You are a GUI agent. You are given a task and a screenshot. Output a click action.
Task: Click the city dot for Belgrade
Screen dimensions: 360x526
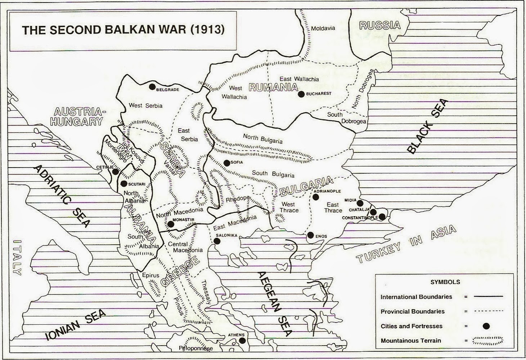pyautogui.click(x=152, y=86)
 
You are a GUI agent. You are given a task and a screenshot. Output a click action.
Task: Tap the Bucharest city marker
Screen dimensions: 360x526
pyautogui.click(x=301, y=94)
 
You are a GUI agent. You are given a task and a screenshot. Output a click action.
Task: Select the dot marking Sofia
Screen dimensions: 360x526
pyautogui.click(x=226, y=163)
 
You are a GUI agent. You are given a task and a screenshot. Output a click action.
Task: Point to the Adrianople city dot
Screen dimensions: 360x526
pyautogui.click(x=316, y=197)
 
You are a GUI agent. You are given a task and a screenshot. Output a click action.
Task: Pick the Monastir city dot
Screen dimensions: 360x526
pyautogui.click(x=171, y=224)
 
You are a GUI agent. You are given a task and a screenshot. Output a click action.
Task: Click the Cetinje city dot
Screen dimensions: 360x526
pyautogui.click(x=115, y=172)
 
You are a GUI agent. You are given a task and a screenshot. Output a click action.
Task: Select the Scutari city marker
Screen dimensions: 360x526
pyautogui.click(x=124, y=183)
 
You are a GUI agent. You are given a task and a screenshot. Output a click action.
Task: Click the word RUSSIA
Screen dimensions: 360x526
pyautogui.click(x=380, y=25)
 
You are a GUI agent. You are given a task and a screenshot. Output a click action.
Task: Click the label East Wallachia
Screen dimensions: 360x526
pyautogui.click(x=299, y=79)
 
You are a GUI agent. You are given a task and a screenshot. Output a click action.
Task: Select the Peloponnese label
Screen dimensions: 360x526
pyautogui.click(x=196, y=348)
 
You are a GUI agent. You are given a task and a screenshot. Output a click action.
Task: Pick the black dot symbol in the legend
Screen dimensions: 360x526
pyautogui.click(x=486, y=326)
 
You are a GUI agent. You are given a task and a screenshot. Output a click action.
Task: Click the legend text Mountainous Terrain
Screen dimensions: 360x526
pyautogui.click(x=411, y=341)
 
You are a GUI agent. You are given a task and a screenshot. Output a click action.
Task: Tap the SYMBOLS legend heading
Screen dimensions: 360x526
pyautogui.click(x=445, y=282)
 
